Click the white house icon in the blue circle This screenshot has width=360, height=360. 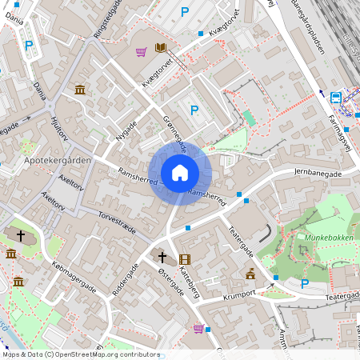click(180, 173)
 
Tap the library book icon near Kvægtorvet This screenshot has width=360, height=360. click(160, 48)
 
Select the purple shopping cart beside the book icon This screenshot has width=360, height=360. click(141, 53)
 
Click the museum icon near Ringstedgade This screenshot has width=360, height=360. click(80, 90)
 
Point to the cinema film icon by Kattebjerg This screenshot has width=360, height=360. click(186, 259)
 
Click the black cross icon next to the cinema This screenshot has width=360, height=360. click(162, 258)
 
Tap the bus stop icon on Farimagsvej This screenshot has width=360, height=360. click(336, 98)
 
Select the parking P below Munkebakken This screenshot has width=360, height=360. click(304, 283)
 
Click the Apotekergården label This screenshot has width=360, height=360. click(58, 160)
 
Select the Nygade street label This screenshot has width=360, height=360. click(126, 130)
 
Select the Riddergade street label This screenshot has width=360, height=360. click(126, 280)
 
